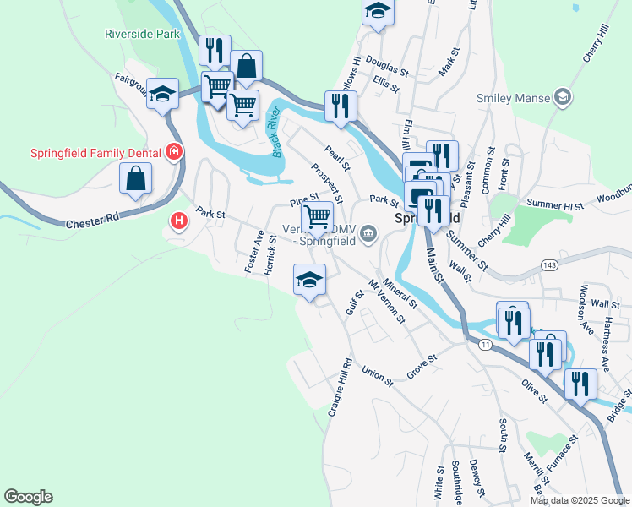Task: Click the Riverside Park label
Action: point(143,35)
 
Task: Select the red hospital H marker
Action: point(178,222)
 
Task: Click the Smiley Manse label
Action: point(512,98)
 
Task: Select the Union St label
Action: point(378,376)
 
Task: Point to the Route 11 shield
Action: point(484,344)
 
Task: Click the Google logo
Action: point(28,496)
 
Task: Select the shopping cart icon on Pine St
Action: point(317,216)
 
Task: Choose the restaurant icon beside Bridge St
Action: point(580,383)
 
